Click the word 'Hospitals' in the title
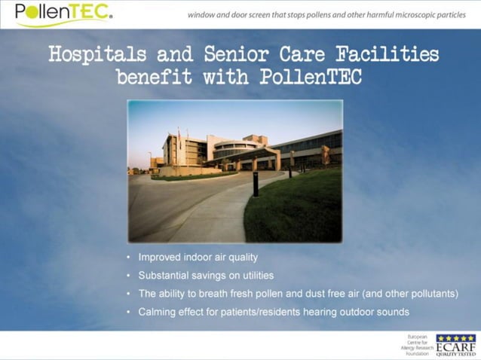click(97, 55)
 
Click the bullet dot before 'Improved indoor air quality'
click(129, 258)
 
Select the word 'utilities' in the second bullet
click(256, 276)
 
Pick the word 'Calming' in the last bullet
click(156, 312)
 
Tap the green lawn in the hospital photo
click(302, 207)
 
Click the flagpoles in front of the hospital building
click(179, 145)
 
